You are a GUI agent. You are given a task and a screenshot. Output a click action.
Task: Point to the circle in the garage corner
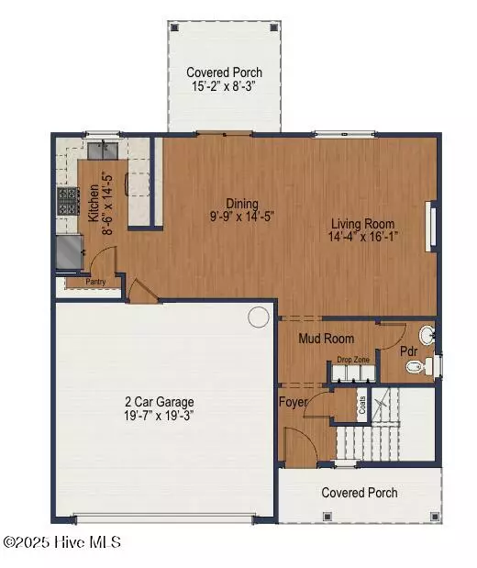point(259,317)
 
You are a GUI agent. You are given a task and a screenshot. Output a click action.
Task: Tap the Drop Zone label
point(353,360)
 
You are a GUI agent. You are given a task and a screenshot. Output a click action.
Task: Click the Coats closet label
point(362,405)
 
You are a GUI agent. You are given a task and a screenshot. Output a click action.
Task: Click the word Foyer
point(294,401)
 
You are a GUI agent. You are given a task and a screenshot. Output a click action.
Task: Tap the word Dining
point(243,204)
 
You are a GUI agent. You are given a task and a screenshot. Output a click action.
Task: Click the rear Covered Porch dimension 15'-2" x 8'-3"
point(224,87)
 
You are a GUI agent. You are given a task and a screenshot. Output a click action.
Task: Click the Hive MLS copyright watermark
point(61,542)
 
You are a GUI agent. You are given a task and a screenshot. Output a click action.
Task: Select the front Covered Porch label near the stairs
point(360,493)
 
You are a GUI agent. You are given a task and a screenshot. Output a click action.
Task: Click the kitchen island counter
point(138,188)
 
